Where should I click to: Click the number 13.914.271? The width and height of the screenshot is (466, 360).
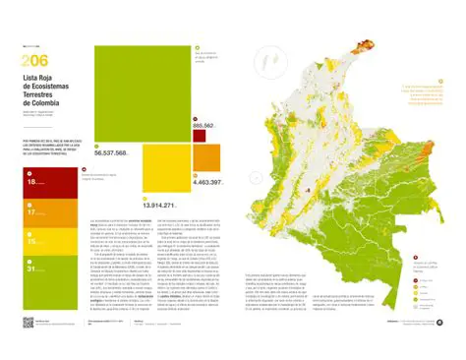157,205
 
